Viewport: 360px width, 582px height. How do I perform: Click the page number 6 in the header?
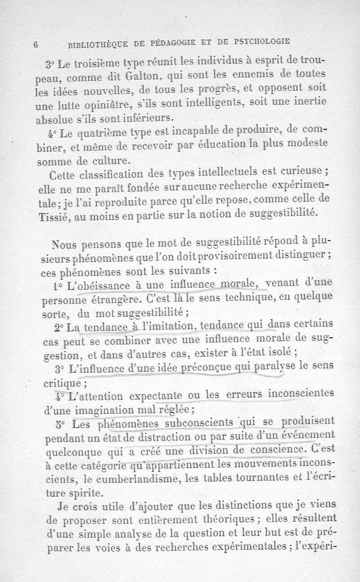tap(35, 45)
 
